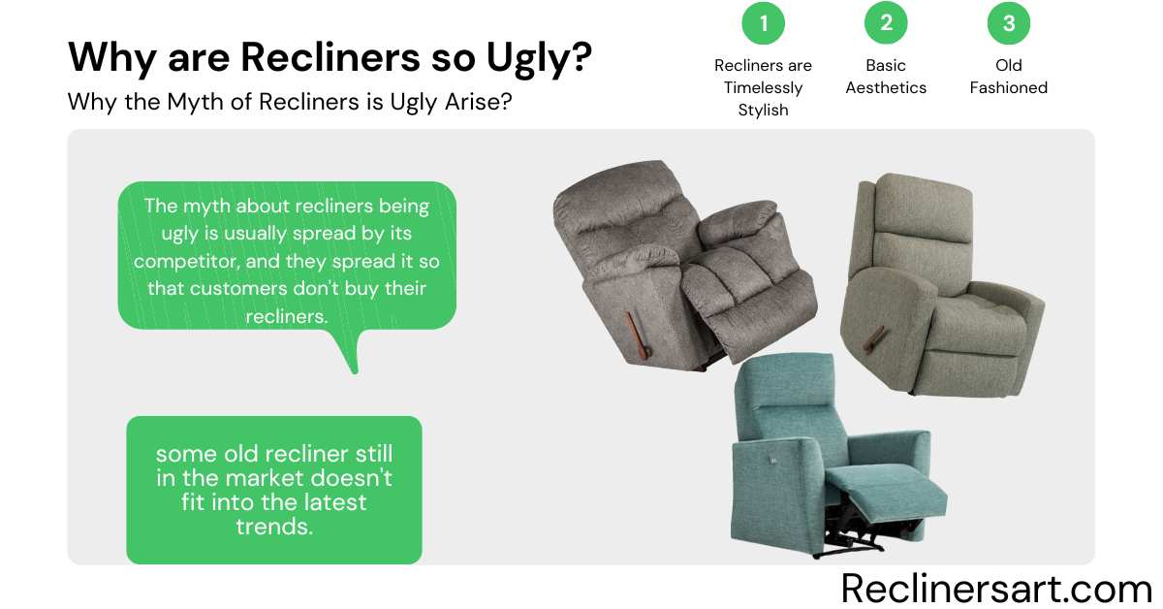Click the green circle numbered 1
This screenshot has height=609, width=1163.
click(x=764, y=24)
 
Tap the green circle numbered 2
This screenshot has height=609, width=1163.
click(x=886, y=24)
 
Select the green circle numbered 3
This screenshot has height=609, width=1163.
click(x=1009, y=24)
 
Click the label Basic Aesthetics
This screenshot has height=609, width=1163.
click(x=886, y=77)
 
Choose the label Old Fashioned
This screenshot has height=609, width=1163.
click(x=1009, y=77)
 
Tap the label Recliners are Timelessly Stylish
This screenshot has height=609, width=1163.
click(x=764, y=87)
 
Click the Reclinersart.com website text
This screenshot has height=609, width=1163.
click(x=996, y=588)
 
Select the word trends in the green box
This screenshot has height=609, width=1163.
click(x=274, y=527)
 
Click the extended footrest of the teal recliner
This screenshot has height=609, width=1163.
click(x=896, y=490)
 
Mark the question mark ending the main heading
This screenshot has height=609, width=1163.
click(x=580, y=57)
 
